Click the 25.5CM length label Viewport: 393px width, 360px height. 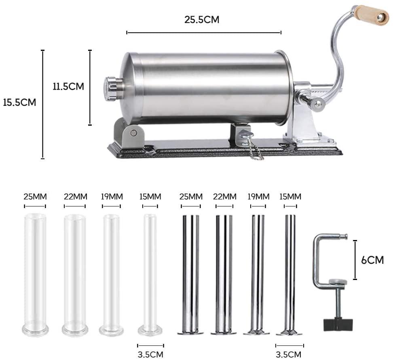[x=202, y=19]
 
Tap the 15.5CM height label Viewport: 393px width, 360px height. [x=19, y=102]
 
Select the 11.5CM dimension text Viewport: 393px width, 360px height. [x=68, y=86]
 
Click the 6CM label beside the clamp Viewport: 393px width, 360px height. [x=372, y=260]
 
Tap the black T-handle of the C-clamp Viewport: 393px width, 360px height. [x=338, y=324]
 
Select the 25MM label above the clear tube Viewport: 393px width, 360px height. [x=35, y=197]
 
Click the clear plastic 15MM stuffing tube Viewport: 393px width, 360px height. [x=150, y=275]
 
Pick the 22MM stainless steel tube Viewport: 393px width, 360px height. [x=224, y=275]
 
